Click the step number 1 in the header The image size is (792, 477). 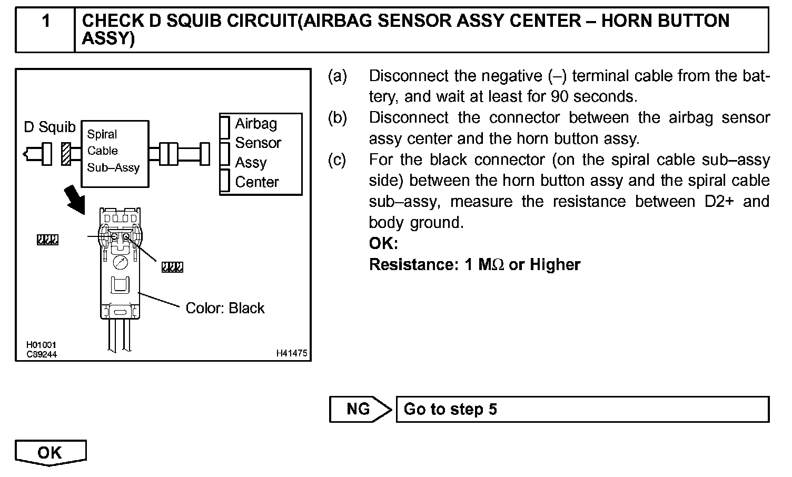(x=46, y=22)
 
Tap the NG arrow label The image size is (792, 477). (x=358, y=409)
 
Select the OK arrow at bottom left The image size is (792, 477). (x=49, y=453)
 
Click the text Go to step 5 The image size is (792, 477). (x=450, y=409)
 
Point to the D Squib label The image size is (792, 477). (x=50, y=127)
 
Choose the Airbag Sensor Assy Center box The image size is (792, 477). (x=261, y=154)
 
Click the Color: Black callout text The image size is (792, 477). (x=225, y=308)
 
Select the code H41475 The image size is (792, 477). (x=291, y=353)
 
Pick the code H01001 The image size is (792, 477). (x=41, y=345)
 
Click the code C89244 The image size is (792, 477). (x=42, y=354)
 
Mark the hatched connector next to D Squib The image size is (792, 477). (x=66, y=154)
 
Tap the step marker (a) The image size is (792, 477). (x=338, y=76)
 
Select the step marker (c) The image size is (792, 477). (x=337, y=160)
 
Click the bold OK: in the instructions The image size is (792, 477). (x=383, y=244)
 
